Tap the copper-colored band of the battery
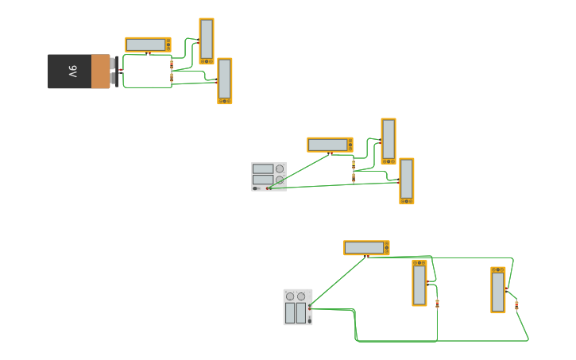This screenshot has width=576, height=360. pos(100,72)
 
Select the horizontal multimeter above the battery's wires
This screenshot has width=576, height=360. pos(148,45)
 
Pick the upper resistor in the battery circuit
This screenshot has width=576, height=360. pos(172,64)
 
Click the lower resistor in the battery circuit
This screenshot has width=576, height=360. pos(172,77)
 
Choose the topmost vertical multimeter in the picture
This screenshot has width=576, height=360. pos(207,41)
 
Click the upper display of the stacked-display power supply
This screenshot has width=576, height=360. pos(262,168)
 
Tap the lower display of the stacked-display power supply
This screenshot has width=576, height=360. pos(262,180)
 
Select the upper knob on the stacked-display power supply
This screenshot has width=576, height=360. pos(280,168)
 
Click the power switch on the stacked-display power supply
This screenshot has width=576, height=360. pos(255,188)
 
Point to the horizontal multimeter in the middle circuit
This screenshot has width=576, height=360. pos(330,145)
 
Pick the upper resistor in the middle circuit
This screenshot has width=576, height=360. pos(354,164)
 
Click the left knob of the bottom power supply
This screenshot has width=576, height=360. pos(290,296)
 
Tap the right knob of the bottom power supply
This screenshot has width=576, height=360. pos(301,296)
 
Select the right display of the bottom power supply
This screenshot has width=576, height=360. pos(301,312)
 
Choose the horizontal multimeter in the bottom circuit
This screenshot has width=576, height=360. pos(366,248)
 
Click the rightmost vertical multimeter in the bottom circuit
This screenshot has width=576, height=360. pos(498,290)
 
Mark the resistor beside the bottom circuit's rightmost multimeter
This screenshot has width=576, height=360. pos(516,304)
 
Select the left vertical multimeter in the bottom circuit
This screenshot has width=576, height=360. pos(419,284)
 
